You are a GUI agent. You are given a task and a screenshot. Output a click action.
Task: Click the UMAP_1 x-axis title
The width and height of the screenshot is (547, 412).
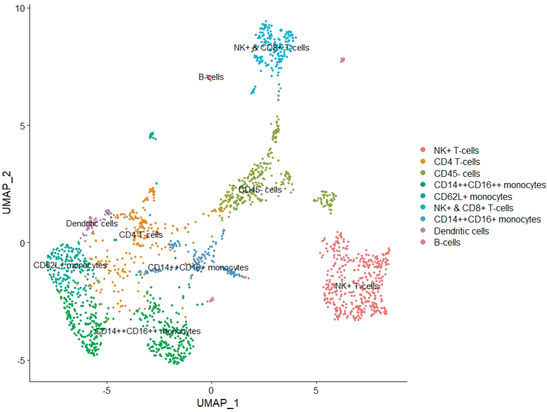point(217,403)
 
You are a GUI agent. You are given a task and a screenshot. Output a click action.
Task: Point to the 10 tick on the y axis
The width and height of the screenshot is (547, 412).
point(20,8)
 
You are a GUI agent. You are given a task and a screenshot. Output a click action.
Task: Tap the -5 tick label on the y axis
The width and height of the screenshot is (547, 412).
point(20,360)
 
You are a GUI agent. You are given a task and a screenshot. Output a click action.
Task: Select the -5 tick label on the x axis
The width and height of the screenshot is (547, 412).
point(106,390)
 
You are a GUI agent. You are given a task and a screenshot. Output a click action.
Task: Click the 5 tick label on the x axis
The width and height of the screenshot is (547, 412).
point(316,390)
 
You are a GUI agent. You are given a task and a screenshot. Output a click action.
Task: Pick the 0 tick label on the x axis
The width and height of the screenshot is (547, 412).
point(211,390)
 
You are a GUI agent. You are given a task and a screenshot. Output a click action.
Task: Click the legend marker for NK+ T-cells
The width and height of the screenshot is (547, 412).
point(423,150)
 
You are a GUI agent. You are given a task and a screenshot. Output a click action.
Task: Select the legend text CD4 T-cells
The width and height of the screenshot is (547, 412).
point(457,162)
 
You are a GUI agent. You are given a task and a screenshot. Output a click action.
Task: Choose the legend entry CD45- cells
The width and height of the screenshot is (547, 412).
point(457,173)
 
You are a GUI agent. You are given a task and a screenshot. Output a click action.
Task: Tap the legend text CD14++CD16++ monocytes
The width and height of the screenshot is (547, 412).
point(489,185)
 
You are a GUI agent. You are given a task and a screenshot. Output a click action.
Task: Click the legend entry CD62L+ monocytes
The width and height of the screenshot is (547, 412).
point(473,197)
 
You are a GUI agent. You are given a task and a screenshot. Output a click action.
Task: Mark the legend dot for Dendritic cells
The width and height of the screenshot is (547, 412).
point(423,231)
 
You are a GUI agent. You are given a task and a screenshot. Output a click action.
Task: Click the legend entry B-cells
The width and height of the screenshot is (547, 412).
point(447,242)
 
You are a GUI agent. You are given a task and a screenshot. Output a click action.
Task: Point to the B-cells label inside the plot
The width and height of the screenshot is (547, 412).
point(211,77)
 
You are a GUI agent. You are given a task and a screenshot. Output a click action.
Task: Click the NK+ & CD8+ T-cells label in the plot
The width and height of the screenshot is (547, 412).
point(271,48)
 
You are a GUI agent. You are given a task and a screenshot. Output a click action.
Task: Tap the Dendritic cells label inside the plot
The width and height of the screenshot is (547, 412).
point(92,224)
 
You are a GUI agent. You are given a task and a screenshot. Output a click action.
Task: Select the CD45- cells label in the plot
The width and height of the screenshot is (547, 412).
point(260,190)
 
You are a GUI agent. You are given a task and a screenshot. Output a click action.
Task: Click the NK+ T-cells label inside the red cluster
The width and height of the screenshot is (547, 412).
point(357,286)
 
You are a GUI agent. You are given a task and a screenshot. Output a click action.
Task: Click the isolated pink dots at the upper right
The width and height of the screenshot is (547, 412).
point(342,60)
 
